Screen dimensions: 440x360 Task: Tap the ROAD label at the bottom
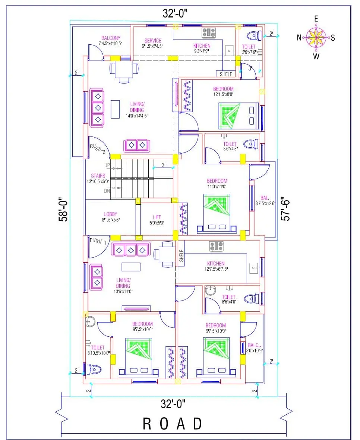tap(173, 424)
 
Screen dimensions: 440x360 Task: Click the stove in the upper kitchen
tap(209, 33)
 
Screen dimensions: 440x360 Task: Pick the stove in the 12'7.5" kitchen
tap(217, 246)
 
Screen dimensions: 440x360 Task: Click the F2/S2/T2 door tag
tap(97, 149)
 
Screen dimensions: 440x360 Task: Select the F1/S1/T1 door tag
tap(98, 241)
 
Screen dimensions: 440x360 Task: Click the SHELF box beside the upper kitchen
tap(225, 74)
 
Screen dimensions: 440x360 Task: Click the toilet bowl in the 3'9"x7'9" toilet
tap(254, 36)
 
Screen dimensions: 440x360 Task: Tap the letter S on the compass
tap(333, 37)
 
